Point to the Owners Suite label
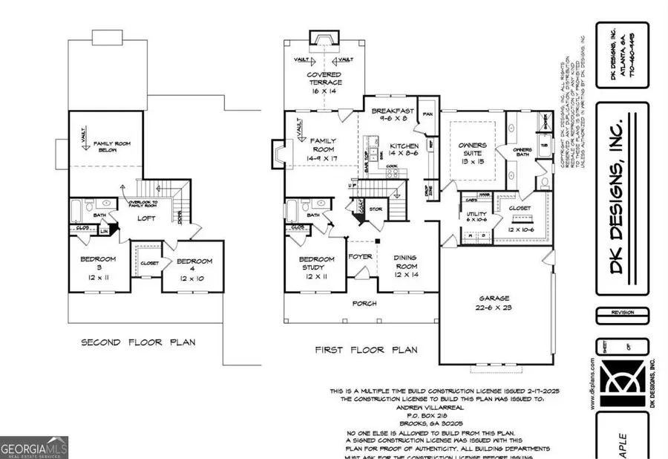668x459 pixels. tap(472, 152)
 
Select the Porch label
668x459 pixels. tap(364, 303)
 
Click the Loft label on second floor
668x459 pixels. tap(146, 218)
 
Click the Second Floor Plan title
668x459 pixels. tap(138, 342)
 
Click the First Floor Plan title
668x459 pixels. tap(366, 349)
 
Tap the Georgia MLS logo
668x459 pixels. tap(34, 447)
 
